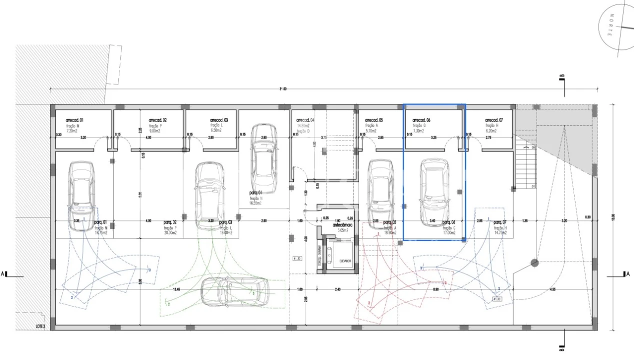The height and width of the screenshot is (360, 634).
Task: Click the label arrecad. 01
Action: point(74,120)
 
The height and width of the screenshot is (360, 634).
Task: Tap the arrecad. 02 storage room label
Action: point(158,120)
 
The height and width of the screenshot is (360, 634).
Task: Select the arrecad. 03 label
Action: point(219,120)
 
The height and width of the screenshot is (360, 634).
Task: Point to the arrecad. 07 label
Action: point(494,120)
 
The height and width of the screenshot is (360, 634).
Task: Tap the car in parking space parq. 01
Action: point(81,191)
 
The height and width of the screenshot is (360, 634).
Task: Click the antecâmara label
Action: point(343,225)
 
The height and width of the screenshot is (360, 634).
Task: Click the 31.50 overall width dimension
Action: point(283,89)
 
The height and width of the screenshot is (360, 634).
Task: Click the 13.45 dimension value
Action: point(176,289)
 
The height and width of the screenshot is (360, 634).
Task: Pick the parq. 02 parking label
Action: point(170,222)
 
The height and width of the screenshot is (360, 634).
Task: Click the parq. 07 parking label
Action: point(500,222)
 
